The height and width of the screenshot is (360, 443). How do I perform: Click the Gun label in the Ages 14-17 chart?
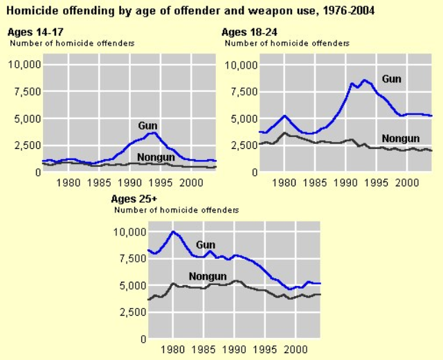pyautogui.click(x=147, y=125)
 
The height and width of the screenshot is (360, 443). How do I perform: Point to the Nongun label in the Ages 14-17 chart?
pyautogui.click(x=156, y=157)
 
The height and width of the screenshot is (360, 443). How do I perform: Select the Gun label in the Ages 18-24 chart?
pyautogui.click(x=391, y=79)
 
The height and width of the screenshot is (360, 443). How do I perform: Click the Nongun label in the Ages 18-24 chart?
pyautogui.click(x=400, y=138)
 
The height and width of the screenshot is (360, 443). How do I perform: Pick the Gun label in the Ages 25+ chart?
pyautogui.click(x=206, y=244)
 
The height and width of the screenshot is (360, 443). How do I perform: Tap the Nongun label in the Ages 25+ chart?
pyautogui.click(x=208, y=276)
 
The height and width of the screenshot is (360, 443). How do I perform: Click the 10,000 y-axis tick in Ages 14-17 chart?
pyautogui.click(x=25, y=64)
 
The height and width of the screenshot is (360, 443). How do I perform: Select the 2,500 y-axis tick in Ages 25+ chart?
pyautogui.click(x=131, y=312)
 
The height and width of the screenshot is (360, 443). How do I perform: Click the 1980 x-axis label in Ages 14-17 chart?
pyautogui.click(x=69, y=183)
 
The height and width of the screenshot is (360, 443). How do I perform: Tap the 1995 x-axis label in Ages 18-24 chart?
pyautogui.click(x=377, y=183)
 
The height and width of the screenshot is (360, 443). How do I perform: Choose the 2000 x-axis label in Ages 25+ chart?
pyautogui.click(x=296, y=350)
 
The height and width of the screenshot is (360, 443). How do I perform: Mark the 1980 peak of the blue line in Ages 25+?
pyautogui.click(x=173, y=231)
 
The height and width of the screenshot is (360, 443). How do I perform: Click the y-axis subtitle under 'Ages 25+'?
pyautogui.click(x=177, y=209)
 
